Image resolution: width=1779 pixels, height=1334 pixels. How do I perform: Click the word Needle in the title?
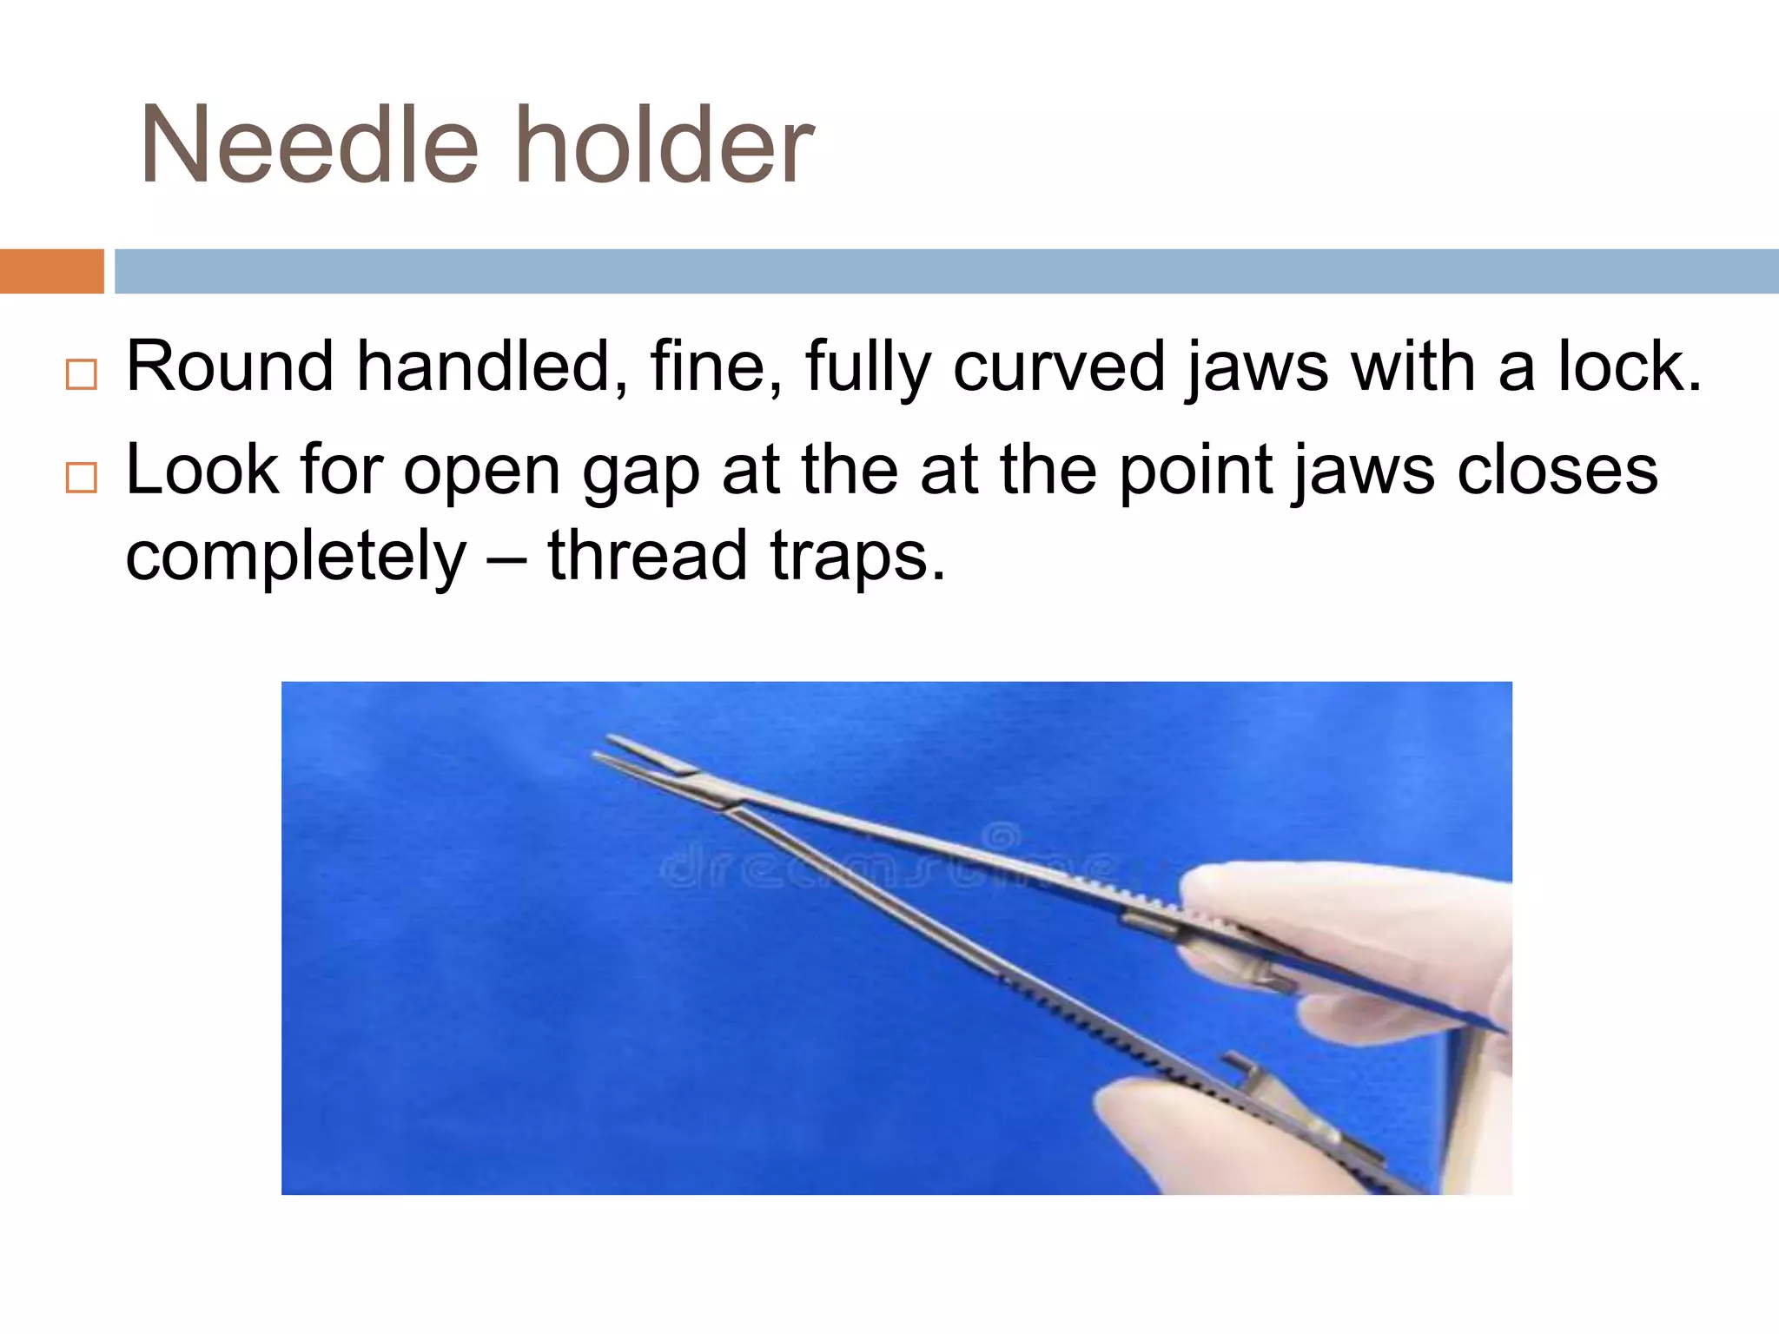pos(308,146)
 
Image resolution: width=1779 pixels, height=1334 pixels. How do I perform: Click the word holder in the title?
pos(665,146)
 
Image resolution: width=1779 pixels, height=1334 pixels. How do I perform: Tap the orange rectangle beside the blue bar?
pos(51,271)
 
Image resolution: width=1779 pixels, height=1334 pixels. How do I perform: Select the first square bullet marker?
pos(81,374)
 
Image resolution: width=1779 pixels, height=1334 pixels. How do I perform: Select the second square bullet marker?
pos(81,478)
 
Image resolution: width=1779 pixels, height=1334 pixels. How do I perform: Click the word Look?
pos(202,470)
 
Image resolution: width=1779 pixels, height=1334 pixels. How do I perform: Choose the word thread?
pos(647,556)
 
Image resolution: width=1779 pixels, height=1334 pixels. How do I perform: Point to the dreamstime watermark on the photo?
pos(886,864)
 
